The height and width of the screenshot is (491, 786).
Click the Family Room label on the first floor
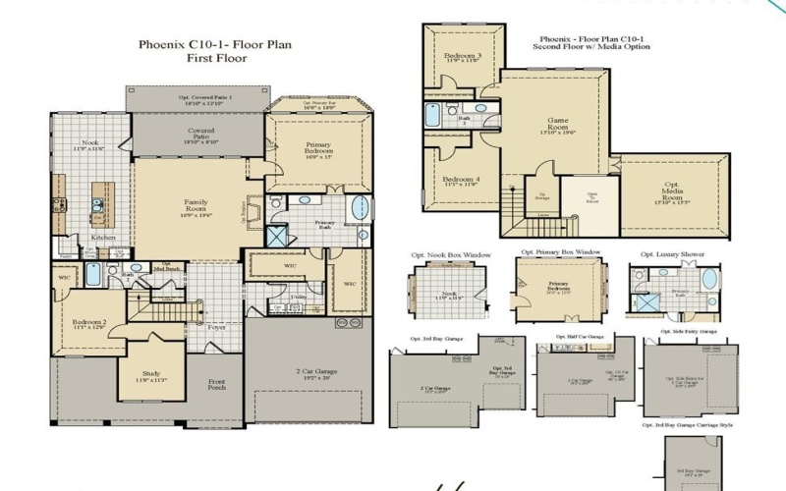(196, 207)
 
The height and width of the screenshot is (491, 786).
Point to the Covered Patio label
(200, 136)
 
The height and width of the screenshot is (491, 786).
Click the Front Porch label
(216, 384)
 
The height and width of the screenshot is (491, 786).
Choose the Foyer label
(216, 328)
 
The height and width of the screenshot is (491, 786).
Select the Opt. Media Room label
(672, 192)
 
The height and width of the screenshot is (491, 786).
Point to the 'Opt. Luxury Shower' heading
(672, 254)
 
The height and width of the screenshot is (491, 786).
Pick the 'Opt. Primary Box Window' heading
(560, 252)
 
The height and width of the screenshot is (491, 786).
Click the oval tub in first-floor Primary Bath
(362, 209)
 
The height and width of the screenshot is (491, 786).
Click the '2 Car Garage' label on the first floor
(309, 372)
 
